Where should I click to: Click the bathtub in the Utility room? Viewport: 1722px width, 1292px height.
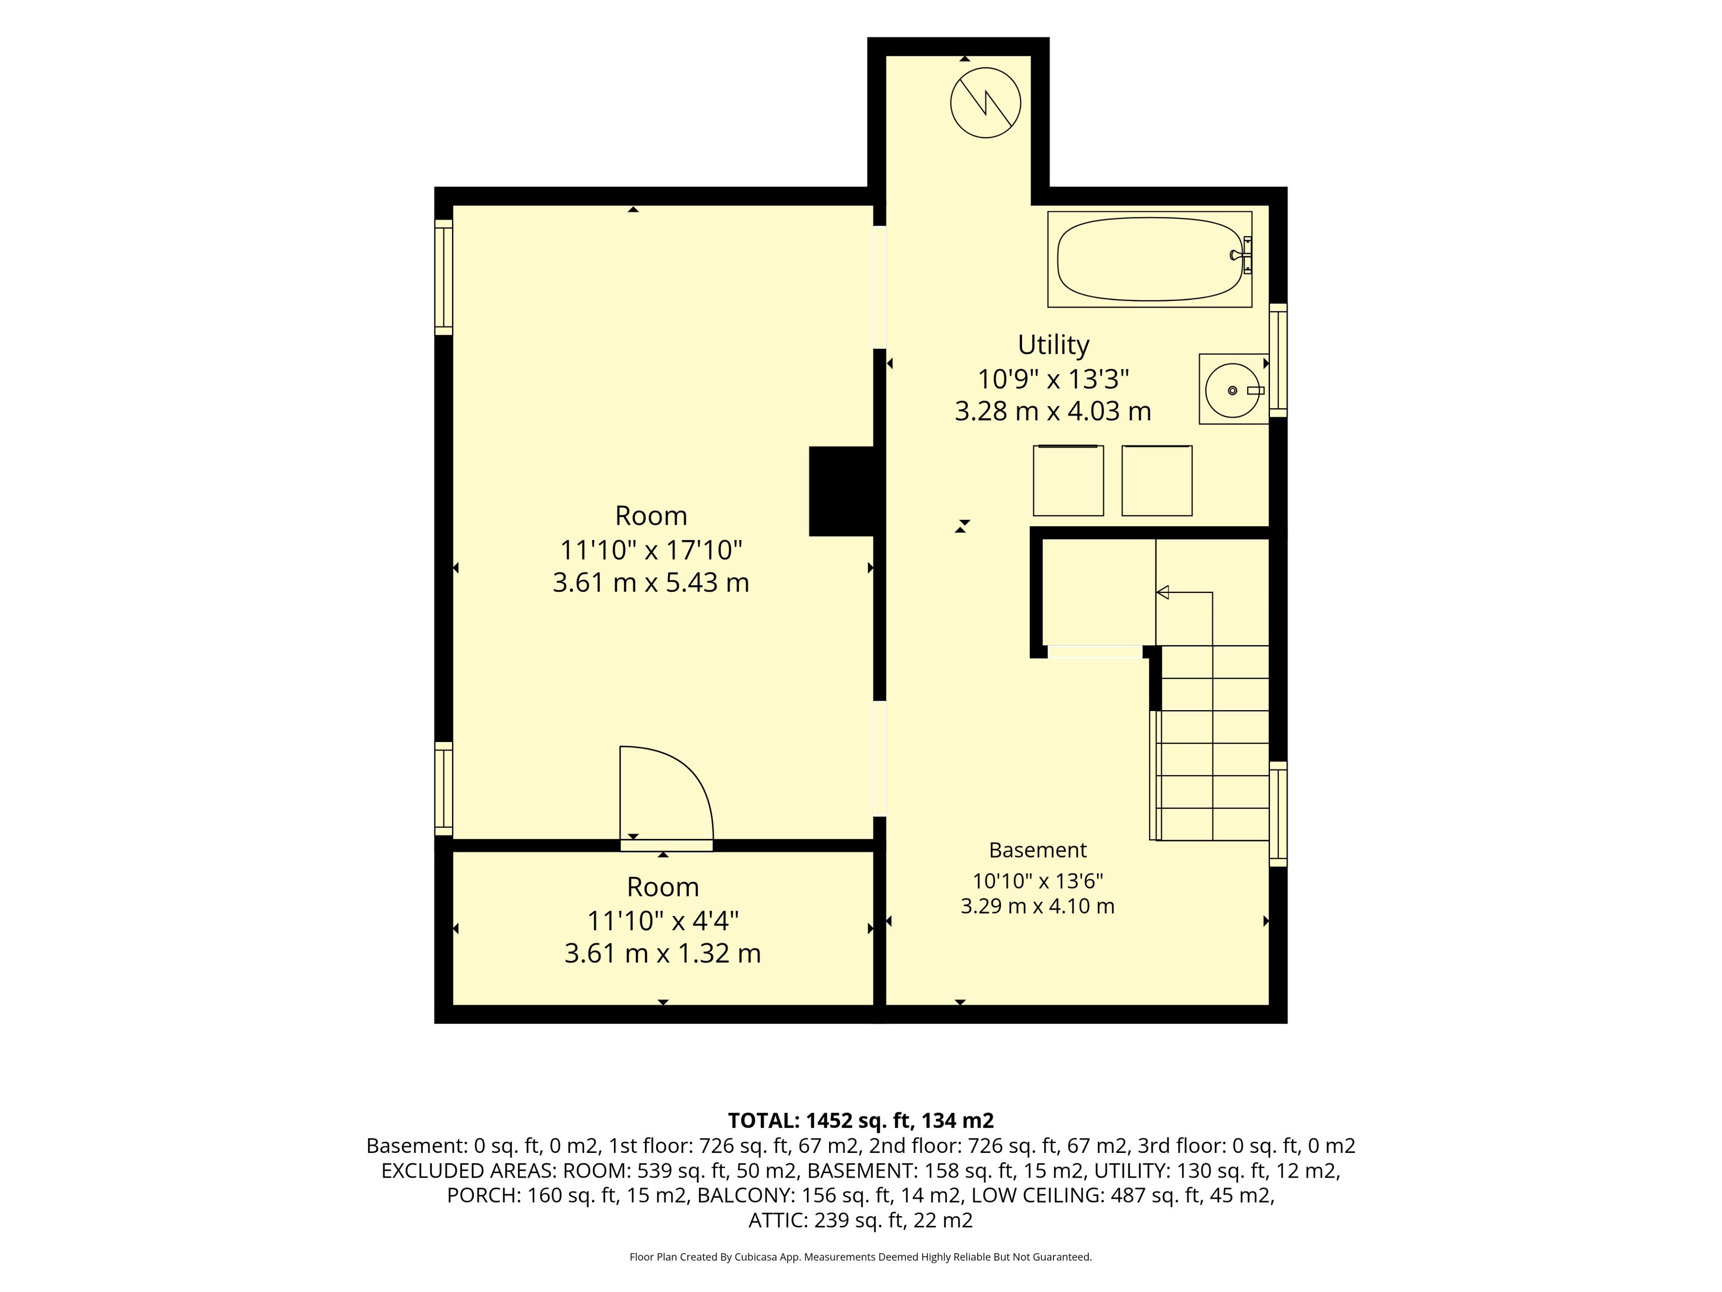pyautogui.click(x=1149, y=259)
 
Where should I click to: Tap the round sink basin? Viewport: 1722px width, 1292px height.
pyautogui.click(x=1232, y=390)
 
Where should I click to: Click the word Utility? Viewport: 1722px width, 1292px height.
pyautogui.click(x=1053, y=344)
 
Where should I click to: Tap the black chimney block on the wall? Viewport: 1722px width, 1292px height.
pyautogui.click(x=842, y=491)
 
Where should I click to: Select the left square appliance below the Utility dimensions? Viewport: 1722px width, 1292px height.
pyautogui.click(x=1068, y=480)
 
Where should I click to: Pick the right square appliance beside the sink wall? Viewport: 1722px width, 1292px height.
pyautogui.click(x=1157, y=480)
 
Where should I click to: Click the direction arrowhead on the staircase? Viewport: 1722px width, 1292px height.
pyautogui.click(x=1162, y=593)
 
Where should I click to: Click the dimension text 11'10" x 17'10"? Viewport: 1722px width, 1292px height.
pyautogui.click(x=651, y=550)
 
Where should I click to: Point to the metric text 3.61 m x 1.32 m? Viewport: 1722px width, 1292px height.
pyautogui.click(x=662, y=953)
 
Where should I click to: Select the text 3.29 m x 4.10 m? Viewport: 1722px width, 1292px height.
pyautogui.click(x=1038, y=906)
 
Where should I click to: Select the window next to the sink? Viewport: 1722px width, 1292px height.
pyautogui.click(x=1278, y=360)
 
